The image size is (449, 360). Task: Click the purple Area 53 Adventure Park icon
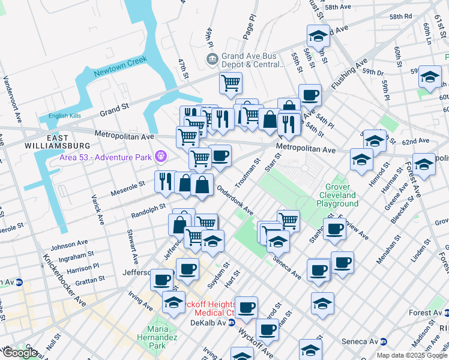(x=160, y=157)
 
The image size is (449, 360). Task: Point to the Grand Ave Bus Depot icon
(x=212, y=58)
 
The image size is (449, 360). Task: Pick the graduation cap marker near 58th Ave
(x=319, y=35)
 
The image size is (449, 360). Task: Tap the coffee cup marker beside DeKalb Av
(x=267, y=329)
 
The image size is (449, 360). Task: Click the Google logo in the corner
(x=19, y=353)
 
